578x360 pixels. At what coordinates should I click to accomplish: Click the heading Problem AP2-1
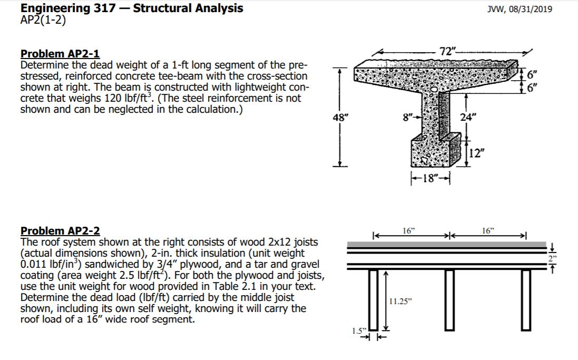coord(60,54)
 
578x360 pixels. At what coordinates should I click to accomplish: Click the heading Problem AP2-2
coord(60,231)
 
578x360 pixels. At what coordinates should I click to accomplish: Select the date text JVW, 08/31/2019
coord(521,9)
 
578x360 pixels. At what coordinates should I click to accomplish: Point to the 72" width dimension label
coord(448,51)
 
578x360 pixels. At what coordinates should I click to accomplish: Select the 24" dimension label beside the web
coord(467,117)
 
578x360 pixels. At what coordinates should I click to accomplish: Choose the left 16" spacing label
coord(409,230)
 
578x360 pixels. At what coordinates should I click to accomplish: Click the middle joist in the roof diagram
coord(449,299)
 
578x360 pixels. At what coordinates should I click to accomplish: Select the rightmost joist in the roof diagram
coord(525,299)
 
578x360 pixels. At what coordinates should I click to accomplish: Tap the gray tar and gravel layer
coord(447,245)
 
